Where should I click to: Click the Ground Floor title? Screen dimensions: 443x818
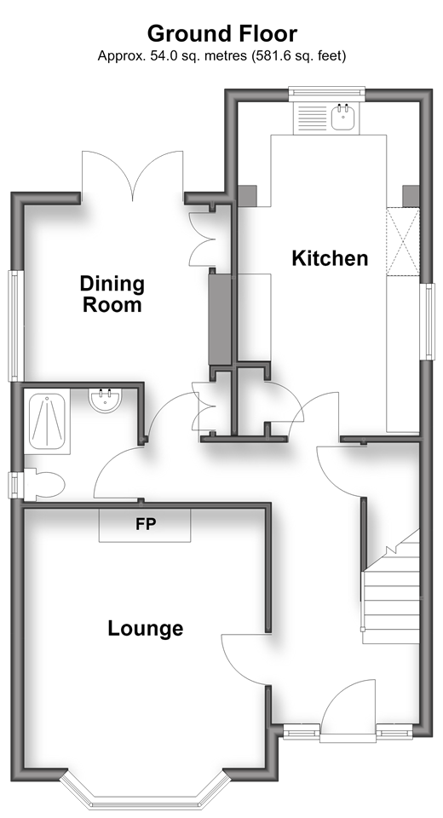coord(221,34)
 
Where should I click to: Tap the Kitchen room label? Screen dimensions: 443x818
coord(330,258)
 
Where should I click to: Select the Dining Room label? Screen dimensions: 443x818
coord(112,294)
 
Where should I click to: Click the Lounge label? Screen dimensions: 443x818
coord(146,629)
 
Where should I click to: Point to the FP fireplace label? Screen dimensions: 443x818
coord(146,524)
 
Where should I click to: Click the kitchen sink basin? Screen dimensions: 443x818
coord(343,117)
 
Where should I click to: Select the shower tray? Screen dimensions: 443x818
coord(47,422)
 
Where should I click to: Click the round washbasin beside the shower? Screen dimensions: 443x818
coord(106,400)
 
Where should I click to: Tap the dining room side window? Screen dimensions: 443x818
coord(15,325)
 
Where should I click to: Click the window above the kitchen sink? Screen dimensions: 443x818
coord(326,93)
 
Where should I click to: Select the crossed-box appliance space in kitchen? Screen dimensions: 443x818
coord(403,241)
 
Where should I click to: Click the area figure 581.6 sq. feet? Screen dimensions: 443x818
coord(297,56)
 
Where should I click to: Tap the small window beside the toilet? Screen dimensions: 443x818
coord(15,485)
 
